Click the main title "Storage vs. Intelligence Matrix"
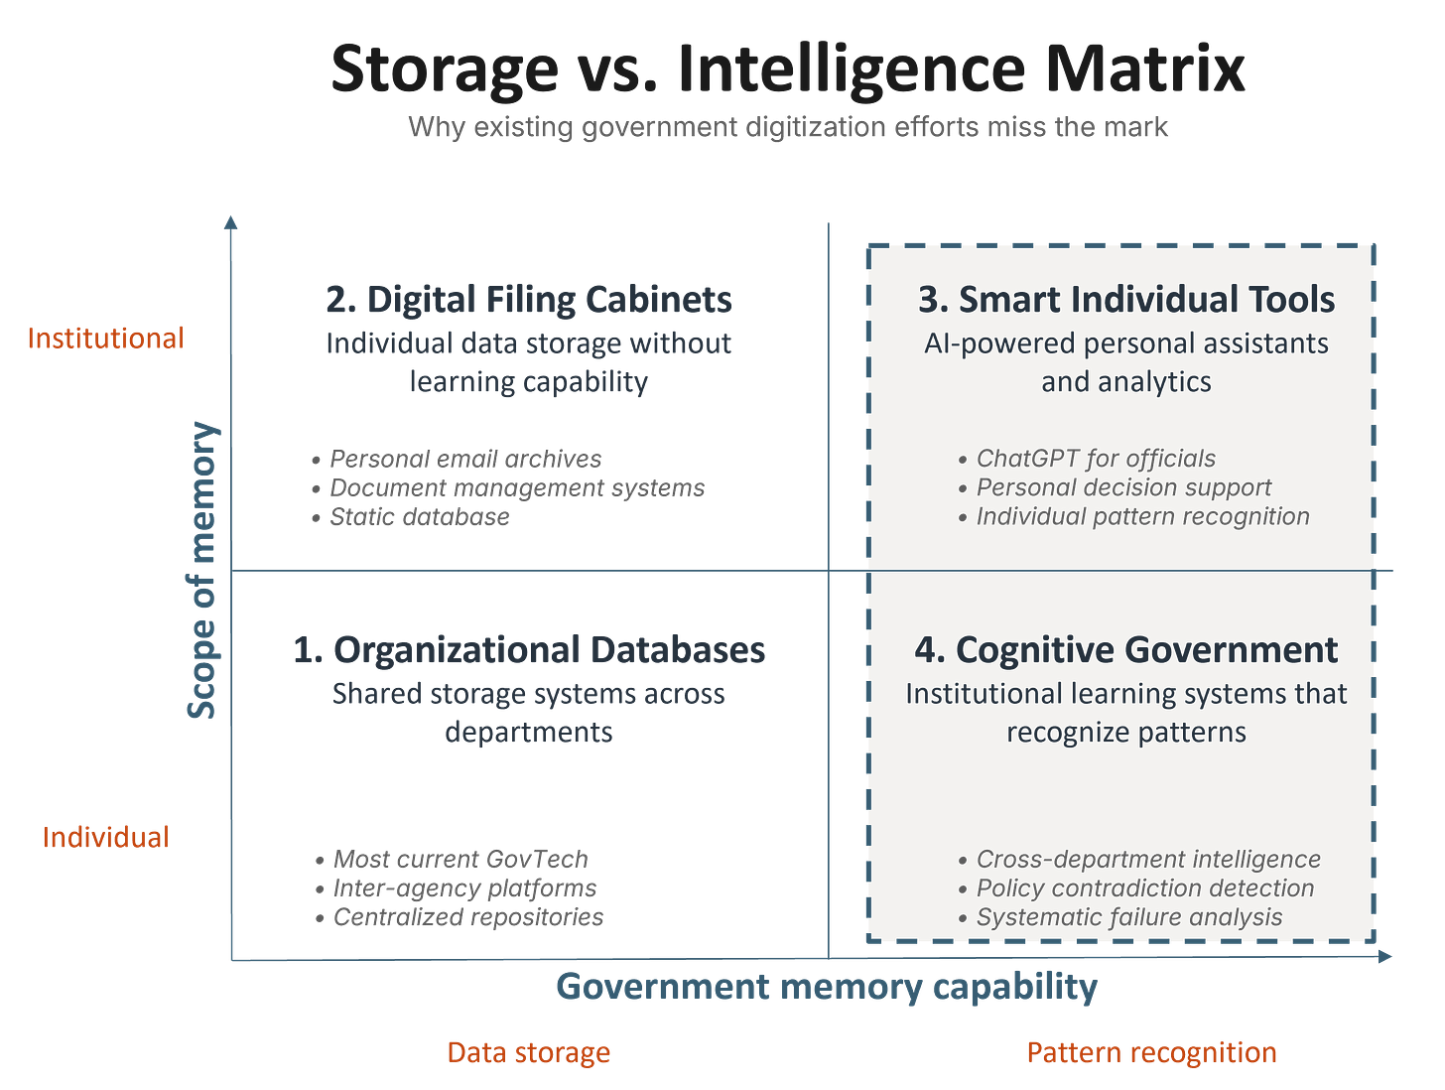[787, 68]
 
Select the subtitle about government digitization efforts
[787, 128]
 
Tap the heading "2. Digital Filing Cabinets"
[529, 300]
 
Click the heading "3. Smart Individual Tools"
[1126, 300]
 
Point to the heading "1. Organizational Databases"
[529, 650]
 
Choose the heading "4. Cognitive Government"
[1126, 650]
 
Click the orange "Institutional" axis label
[106, 339]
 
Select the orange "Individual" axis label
[105, 837]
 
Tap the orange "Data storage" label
[529, 1052]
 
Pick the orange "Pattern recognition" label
[1151, 1052]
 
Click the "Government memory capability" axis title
[826, 987]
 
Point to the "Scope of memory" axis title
[203, 568]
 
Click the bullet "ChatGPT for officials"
[1096, 459]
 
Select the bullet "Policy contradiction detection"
[1145, 888]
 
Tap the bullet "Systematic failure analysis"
[1129, 917]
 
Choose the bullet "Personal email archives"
[465, 459]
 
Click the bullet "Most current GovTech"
[460, 859]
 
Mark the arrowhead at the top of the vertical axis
[231, 221]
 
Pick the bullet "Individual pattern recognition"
[1143, 516]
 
